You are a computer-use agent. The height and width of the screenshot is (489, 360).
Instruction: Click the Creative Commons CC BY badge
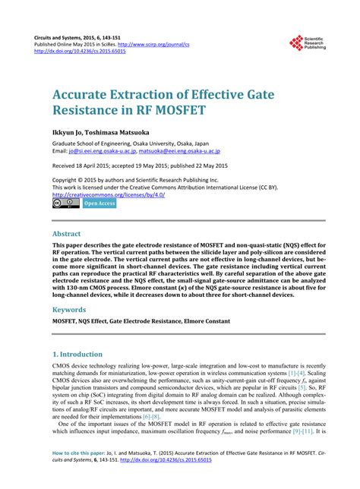65,203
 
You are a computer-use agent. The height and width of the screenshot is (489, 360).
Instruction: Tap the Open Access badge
99,203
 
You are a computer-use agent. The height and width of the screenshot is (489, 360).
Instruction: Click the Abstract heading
67,234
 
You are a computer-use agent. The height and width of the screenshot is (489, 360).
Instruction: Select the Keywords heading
70,310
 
